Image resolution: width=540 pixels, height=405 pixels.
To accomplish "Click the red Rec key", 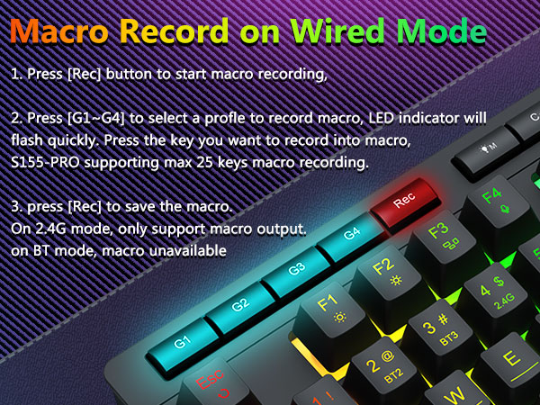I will click(403, 204).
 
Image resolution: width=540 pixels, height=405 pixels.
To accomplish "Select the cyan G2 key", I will click(239, 303).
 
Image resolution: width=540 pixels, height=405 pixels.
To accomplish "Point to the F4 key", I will click(492, 198).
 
